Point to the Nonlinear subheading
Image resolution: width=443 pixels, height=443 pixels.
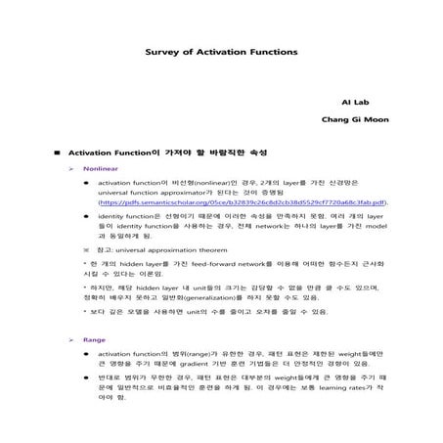pyautogui.click(x=101, y=169)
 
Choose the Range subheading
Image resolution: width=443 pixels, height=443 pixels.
pyautogui.click(x=94, y=339)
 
